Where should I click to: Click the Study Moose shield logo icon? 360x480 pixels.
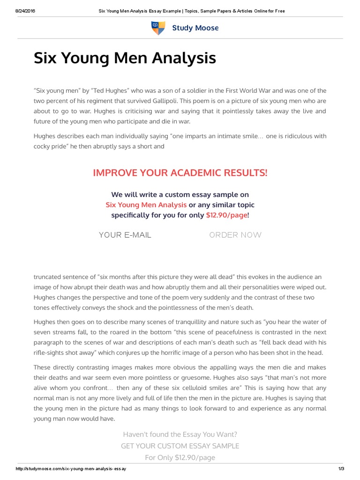point(158,28)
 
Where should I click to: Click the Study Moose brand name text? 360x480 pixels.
point(195,28)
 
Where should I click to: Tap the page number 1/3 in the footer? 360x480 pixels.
point(340,469)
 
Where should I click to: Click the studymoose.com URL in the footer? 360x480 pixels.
point(71,469)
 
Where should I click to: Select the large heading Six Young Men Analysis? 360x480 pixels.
point(125,59)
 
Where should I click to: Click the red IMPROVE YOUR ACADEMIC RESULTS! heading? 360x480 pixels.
point(180,173)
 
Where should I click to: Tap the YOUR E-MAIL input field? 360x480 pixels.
point(125,235)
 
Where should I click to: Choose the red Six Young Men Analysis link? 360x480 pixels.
point(146,205)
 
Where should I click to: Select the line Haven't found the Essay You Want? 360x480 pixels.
point(180,435)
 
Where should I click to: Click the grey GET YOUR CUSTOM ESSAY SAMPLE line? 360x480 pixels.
point(180,446)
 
